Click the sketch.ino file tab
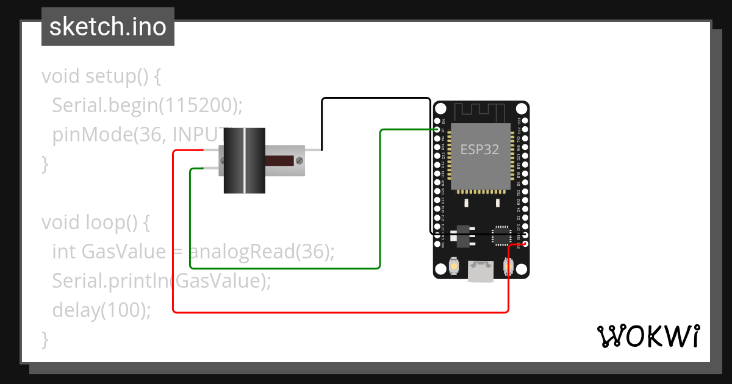[107, 27]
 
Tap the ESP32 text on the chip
[479, 150]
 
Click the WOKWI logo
[648, 336]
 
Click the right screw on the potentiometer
[299, 160]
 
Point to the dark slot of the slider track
[280, 160]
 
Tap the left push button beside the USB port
[454, 266]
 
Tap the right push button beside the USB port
[508, 266]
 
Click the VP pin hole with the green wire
[437, 130]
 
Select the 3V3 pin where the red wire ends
[525, 244]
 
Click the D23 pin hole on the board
[525, 121]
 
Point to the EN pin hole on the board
[437, 121]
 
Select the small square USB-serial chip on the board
[501, 234]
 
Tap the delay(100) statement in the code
[101, 310]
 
